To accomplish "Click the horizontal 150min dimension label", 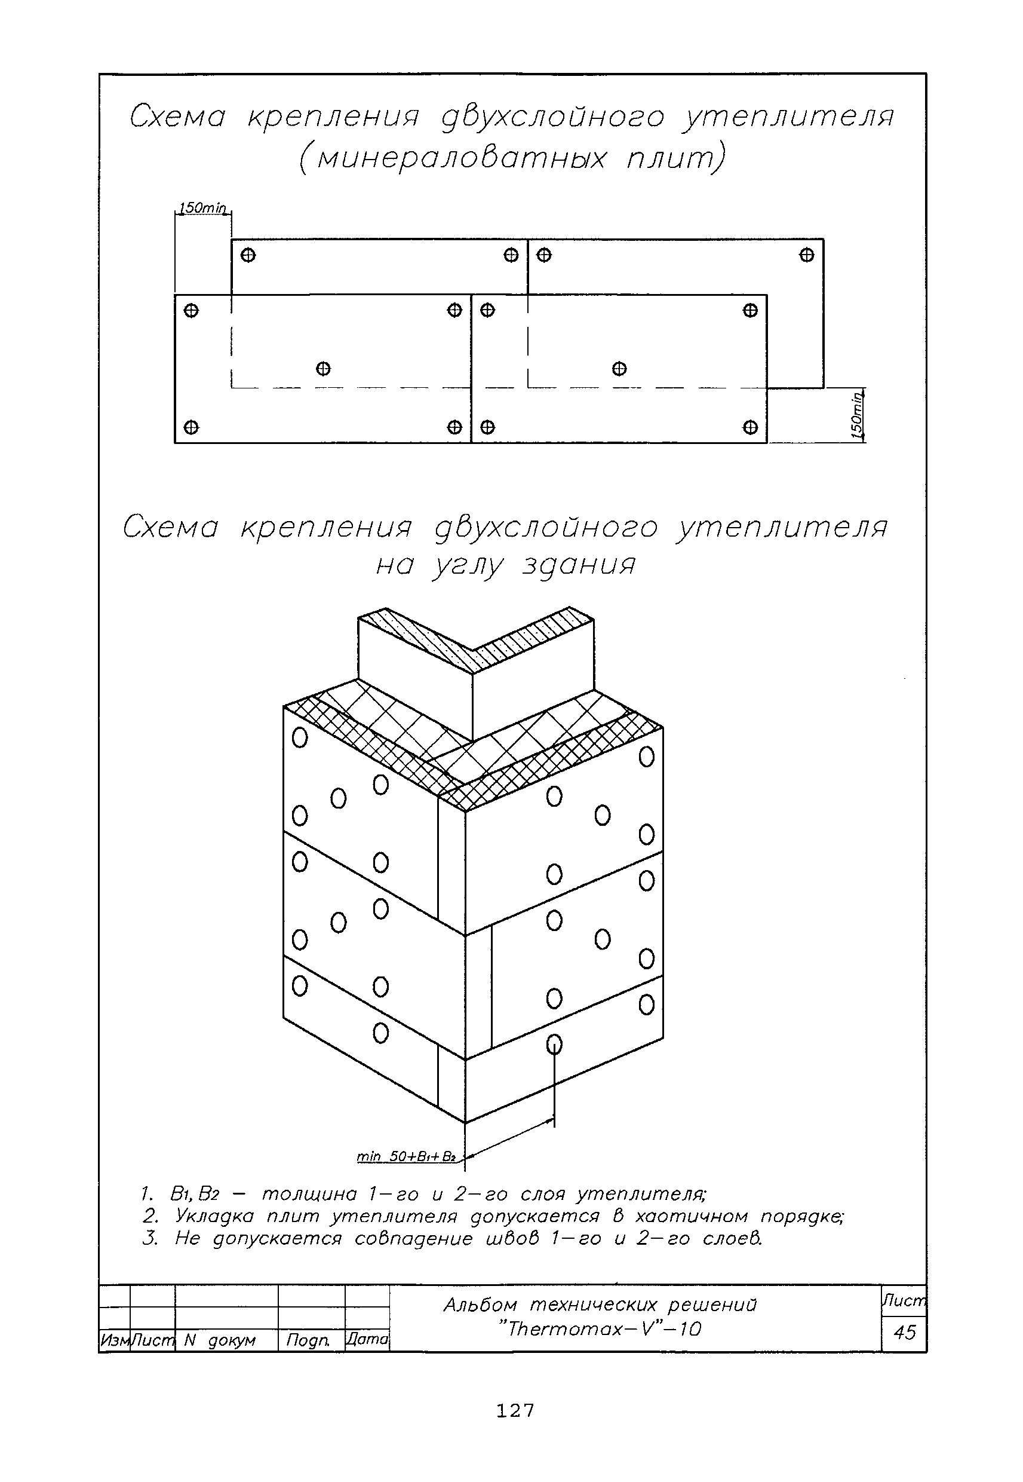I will click(x=202, y=208).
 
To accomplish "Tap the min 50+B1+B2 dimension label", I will click(x=405, y=1156).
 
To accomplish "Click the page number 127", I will click(x=515, y=1410).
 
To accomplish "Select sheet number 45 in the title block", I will click(x=904, y=1333).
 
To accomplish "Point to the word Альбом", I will click(x=480, y=1305).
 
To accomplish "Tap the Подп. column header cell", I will click(x=308, y=1340).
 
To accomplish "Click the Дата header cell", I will click(x=367, y=1339).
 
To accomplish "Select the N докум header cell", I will click(x=219, y=1340).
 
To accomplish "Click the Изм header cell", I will click(x=113, y=1340).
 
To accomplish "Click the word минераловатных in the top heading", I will click(x=462, y=158).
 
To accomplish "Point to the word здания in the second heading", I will click(x=579, y=565).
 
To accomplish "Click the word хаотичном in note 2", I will click(x=691, y=1217).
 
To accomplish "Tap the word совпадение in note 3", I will click(x=413, y=1238).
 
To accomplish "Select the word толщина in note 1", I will click(x=309, y=1194).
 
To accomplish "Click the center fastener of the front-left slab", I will click(x=323, y=369).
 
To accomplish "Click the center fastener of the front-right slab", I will click(x=619, y=369).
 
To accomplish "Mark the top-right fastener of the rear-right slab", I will click(x=806, y=255).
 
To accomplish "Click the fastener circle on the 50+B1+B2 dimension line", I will click(x=554, y=1045).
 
